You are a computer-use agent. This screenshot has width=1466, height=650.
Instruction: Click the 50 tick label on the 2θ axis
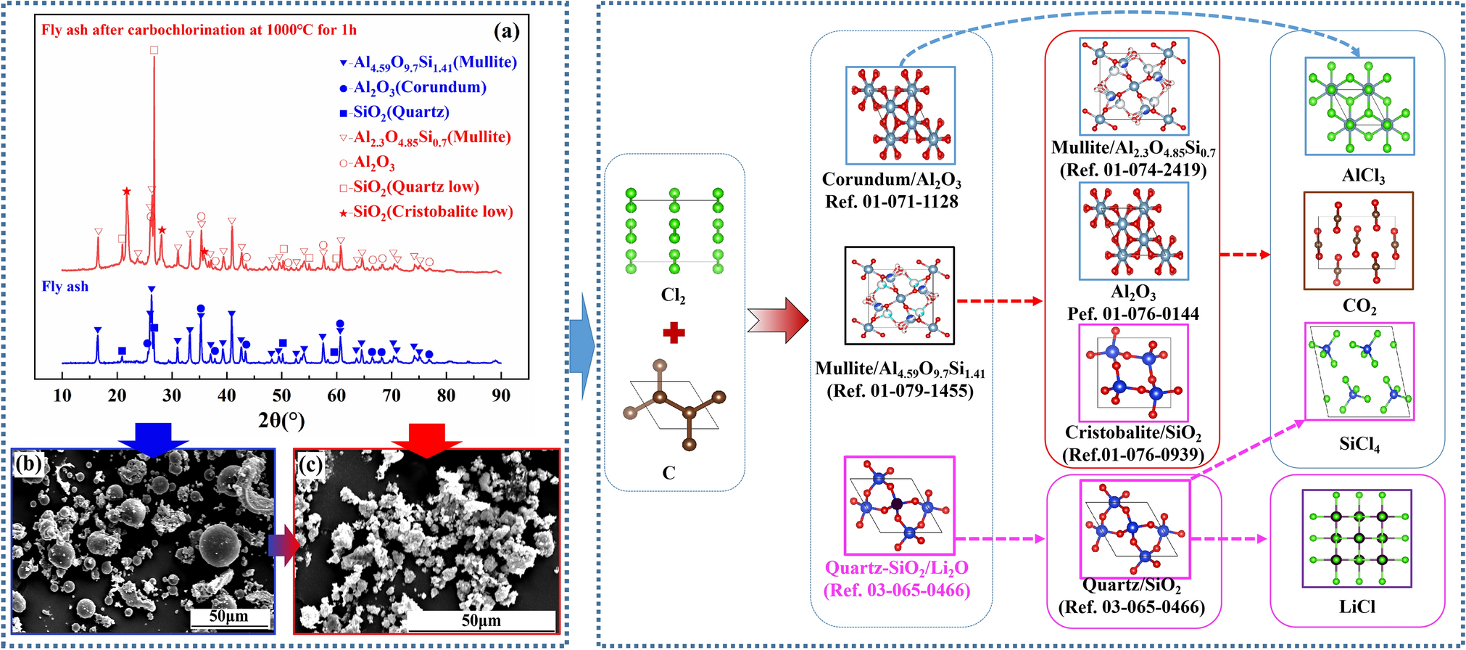pos(281,395)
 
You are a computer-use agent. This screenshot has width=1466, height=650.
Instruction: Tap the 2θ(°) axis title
pos(281,420)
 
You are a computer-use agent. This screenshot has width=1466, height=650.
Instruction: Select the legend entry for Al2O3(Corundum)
pos(413,88)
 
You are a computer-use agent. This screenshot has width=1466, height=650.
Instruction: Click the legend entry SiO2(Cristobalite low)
pos(426,212)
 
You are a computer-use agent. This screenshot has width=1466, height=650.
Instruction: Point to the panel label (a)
pos(506,31)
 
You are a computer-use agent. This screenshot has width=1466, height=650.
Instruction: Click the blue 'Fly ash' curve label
pos(65,287)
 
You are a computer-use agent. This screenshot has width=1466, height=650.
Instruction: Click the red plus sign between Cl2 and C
pos(674,333)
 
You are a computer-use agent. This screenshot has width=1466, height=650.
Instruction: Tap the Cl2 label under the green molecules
pos(673,296)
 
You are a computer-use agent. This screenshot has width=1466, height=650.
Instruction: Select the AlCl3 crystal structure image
pos(1359,106)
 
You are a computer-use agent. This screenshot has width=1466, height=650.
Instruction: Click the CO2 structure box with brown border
pos(1358,241)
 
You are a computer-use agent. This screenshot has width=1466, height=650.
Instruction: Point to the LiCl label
pos(1357,606)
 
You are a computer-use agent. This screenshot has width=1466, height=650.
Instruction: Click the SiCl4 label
pos(1359,445)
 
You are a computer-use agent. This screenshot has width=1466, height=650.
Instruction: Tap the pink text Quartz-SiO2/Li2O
pos(897,568)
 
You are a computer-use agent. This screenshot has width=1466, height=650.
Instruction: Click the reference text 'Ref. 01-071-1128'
pos(892,202)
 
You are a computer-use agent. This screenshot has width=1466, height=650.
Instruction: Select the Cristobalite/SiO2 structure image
pos(1133,372)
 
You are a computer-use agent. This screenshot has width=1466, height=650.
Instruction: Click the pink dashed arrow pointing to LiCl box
pos(1229,539)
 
